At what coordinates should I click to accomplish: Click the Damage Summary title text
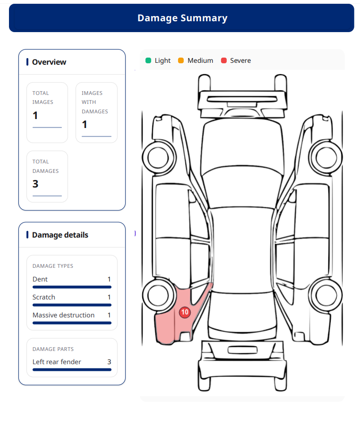point(182,18)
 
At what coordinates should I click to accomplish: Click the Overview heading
point(49,62)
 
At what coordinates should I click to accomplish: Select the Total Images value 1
point(35,115)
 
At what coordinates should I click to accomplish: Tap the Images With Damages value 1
point(85,124)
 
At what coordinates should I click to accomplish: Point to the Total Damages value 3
point(35,184)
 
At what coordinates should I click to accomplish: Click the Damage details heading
point(60,235)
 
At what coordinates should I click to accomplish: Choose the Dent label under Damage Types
point(40,279)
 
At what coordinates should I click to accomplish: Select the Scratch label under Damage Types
point(44,297)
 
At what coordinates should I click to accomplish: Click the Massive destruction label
point(63,315)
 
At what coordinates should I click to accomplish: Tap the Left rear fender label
point(57,362)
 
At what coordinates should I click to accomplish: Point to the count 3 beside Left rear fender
point(109,362)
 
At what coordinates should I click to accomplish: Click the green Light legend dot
point(148,60)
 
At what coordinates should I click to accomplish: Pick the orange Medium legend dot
point(181,60)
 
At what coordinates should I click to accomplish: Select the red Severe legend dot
point(224,60)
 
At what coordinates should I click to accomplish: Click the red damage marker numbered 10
point(185,312)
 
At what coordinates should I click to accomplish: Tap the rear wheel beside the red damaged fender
point(158,295)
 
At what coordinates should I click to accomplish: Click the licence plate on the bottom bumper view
point(242,350)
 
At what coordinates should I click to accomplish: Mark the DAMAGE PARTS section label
point(53,349)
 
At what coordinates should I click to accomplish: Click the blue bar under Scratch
point(72,305)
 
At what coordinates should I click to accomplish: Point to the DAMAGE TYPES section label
point(53,266)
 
